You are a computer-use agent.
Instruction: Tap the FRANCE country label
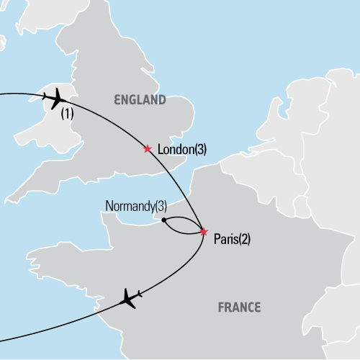238,307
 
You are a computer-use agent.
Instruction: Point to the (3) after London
201,149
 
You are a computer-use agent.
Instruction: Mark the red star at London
148,149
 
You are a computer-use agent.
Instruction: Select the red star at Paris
204,232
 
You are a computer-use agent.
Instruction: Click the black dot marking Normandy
164,220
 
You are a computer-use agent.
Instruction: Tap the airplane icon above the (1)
53,98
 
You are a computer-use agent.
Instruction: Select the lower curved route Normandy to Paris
182,231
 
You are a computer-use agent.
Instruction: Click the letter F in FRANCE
221,307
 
